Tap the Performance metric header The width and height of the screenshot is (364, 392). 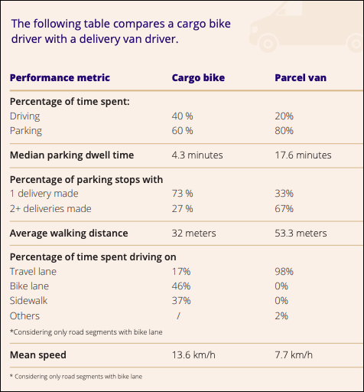pos(60,77)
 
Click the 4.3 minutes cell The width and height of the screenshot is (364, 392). pos(197,155)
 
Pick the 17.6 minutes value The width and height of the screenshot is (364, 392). pos(303,155)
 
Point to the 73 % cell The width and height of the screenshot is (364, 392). pos(183,194)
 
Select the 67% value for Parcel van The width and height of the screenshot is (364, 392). pos(284,208)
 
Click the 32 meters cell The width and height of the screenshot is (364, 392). pos(194,233)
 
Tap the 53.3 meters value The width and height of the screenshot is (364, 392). pos(301,233)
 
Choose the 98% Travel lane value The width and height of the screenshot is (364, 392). pos(284,271)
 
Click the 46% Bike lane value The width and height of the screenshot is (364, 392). pos(181,286)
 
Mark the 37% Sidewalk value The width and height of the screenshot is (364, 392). pos(181,300)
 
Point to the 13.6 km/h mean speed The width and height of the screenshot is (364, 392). pos(195,354)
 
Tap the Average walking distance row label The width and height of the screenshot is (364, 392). pos(68,233)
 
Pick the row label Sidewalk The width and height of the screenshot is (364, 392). pos(28,300)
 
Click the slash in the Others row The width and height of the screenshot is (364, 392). pos(177,315)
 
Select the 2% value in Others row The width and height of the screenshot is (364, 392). pos(281,315)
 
